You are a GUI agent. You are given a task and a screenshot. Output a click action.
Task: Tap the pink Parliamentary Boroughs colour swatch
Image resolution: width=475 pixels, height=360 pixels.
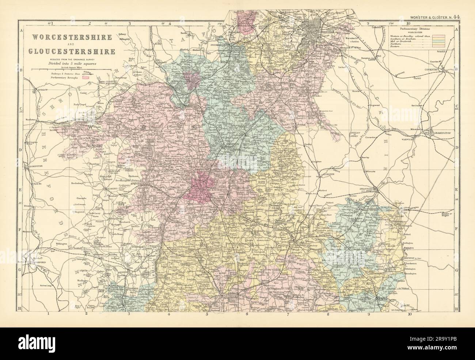coord(86,77)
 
